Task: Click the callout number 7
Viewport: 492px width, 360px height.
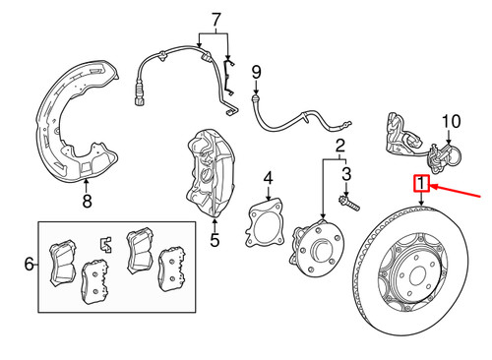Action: coord(215,20)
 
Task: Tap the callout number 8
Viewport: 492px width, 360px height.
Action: coord(87,201)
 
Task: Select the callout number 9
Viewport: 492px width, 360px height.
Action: coord(256,72)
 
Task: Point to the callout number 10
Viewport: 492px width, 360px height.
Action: coord(452,121)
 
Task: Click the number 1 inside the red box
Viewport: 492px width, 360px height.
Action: coord(421,183)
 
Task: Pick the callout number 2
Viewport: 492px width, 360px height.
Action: coord(340,146)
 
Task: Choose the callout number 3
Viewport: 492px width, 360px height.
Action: coord(346,174)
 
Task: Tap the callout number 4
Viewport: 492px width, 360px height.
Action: coord(269,178)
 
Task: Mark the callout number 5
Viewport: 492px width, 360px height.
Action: coord(215,240)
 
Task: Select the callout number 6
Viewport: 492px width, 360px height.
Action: coord(30,264)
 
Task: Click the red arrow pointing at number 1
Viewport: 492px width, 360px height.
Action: coord(456,192)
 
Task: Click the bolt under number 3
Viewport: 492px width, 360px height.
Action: coord(349,203)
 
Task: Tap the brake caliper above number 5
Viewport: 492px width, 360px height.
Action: coord(210,173)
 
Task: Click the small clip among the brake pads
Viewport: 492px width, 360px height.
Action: coord(105,245)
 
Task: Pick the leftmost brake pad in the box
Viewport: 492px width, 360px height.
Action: coord(62,263)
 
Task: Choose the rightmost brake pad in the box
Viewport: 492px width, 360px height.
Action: coord(171,269)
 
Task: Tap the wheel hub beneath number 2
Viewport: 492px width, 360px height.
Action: coord(317,249)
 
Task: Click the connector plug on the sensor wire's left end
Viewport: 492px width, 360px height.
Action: coord(140,94)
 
